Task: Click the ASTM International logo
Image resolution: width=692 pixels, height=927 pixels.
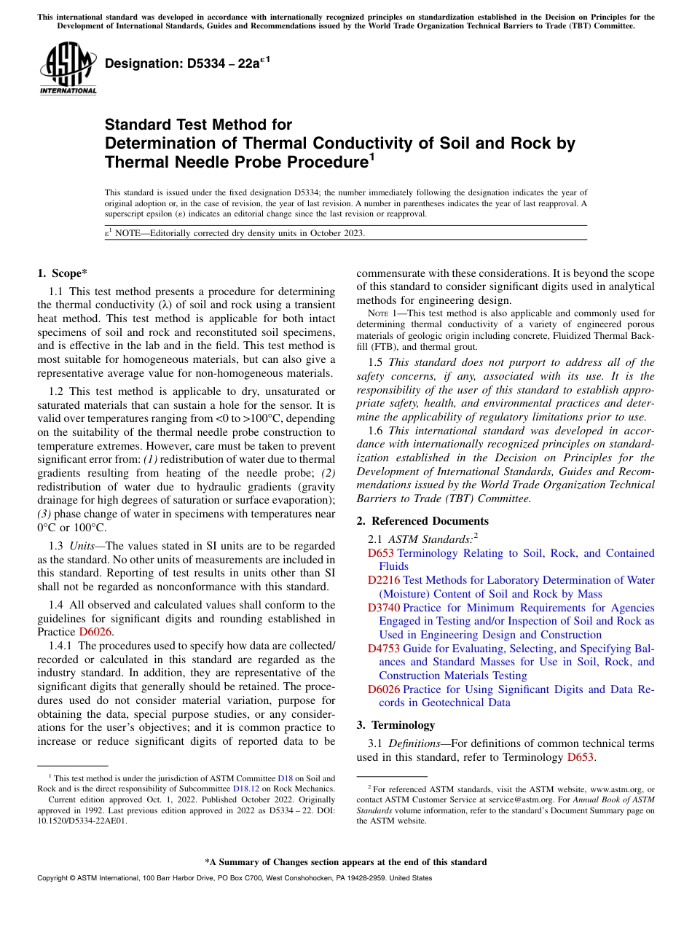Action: coord(68,69)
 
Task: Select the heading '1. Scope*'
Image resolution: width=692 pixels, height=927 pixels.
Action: coord(62,273)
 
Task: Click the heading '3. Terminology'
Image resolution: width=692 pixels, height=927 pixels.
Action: coord(396,724)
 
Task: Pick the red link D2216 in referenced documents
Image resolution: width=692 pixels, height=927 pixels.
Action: coord(383,580)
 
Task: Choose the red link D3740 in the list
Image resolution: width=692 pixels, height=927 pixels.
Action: coord(383,608)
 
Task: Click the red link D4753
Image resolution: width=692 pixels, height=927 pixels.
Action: coord(383,649)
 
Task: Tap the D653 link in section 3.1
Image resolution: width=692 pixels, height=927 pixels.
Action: coord(580,757)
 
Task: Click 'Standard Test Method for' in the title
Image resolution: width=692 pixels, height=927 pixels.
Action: coord(198,125)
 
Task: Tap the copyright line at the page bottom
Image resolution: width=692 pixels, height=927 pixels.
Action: coord(234,878)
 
